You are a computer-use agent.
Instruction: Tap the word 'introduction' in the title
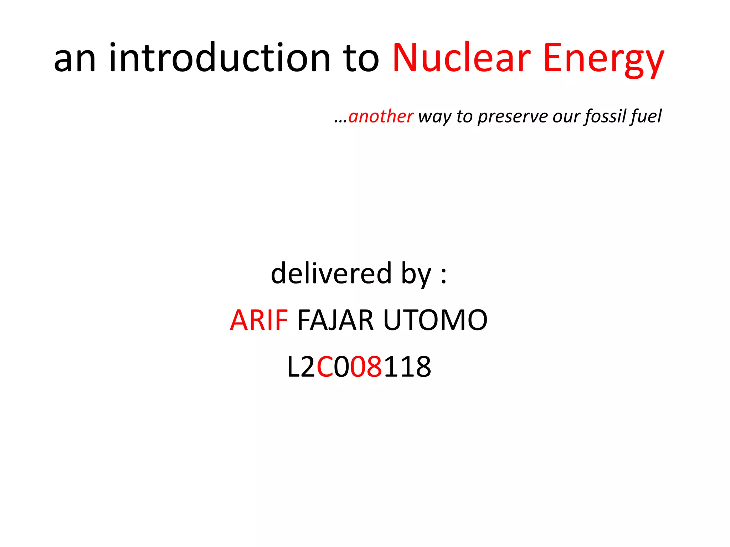(219, 58)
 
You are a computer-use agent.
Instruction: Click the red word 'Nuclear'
(461, 58)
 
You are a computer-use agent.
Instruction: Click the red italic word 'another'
(380, 116)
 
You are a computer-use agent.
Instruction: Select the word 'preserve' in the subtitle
(512, 117)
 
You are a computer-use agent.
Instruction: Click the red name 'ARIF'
(259, 320)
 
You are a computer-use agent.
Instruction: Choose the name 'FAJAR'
(335, 320)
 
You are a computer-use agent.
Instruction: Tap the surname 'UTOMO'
(435, 320)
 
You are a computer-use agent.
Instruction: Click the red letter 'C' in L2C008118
(325, 367)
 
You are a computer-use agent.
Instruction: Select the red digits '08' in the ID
(366, 367)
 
